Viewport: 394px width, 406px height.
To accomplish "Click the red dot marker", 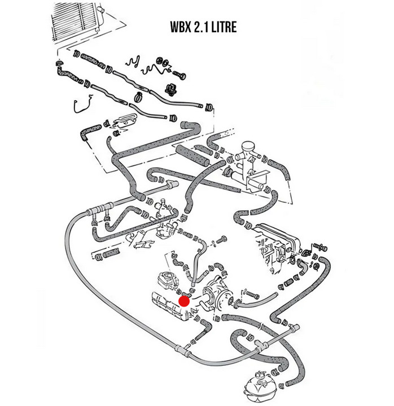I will [x=184, y=301].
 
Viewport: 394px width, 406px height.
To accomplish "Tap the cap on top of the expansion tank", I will [x=260, y=374].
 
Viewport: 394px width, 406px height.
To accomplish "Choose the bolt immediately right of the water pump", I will [x=249, y=294].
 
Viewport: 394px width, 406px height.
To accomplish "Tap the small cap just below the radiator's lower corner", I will [x=59, y=62].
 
